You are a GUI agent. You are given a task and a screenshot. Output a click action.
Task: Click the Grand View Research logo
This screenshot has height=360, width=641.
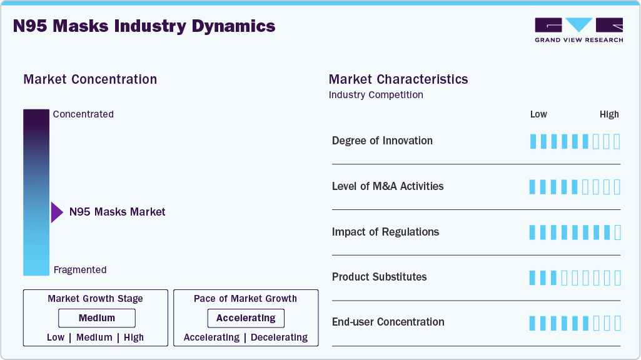coord(578,29)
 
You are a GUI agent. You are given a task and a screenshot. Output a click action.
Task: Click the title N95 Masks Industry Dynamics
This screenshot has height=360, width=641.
coord(144,26)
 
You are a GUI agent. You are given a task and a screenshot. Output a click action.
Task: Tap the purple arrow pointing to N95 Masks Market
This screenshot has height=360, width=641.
coord(57,212)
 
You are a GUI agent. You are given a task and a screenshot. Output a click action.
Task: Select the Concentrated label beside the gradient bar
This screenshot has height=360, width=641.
coord(83,114)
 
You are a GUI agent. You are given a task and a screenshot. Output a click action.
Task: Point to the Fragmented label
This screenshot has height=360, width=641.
coord(80,270)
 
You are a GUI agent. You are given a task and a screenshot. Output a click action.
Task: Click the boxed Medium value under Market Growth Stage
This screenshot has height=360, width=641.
coord(96,318)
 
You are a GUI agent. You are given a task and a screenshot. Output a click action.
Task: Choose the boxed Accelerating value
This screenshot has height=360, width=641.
coord(246,318)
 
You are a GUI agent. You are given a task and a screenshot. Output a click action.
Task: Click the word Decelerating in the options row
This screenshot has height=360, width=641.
coord(279,337)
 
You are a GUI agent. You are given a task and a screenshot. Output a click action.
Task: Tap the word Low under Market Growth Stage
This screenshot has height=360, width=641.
coord(56,337)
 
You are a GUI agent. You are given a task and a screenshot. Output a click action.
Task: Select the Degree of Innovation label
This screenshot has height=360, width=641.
coord(382,141)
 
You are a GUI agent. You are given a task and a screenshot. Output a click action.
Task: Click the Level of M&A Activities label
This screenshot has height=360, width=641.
coord(388,186)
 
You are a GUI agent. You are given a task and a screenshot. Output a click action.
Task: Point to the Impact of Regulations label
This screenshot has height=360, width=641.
coord(385,232)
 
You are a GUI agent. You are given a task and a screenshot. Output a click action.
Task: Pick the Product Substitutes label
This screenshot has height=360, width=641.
coord(379,277)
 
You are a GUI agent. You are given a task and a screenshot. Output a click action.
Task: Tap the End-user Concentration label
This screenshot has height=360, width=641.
coord(388,322)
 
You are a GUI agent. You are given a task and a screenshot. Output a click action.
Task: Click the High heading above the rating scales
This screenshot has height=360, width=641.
coord(609,114)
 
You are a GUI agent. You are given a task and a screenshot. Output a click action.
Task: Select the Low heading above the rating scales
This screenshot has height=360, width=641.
coord(538,114)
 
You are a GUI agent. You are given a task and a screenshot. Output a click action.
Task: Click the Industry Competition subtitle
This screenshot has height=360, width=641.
coord(376,95)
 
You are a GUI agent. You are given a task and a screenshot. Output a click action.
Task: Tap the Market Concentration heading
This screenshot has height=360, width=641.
coord(90,79)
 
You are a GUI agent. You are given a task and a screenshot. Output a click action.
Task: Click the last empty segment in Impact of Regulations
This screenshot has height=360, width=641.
coord(618,232)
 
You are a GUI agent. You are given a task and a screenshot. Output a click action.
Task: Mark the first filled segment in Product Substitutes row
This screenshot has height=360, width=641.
coord(533,277)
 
